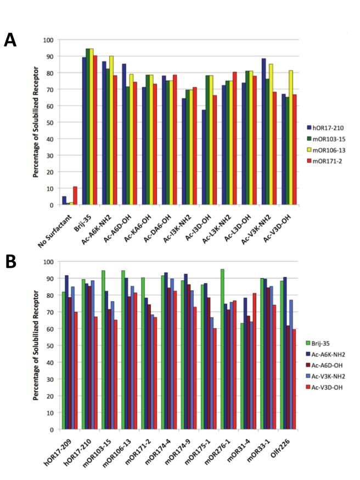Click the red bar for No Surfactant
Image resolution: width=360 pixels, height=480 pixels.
(75, 196)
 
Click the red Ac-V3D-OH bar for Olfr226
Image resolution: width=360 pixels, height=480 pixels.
(294, 379)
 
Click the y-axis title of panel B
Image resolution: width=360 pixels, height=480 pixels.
(36, 346)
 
